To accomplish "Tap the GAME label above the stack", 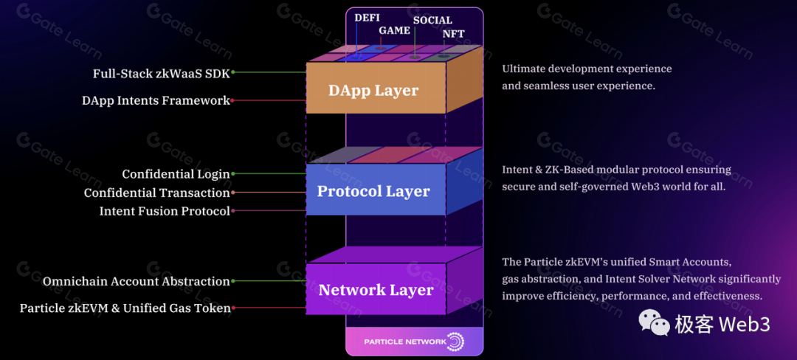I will tap(394, 31).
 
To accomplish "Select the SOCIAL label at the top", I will tap(432, 20).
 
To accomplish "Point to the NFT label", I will tap(453, 34).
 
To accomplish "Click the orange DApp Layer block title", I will tap(373, 91).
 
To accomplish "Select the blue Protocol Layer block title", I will tap(373, 191).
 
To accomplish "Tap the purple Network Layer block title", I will tap(376, 290).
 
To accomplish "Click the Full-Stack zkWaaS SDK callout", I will tap(161, 73).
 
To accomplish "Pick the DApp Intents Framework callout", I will tap(156, 100).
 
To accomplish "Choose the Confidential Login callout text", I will tap(176, 174).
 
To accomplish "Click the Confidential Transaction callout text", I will tap(156, 193).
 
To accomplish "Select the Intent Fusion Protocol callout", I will tap(165, 211).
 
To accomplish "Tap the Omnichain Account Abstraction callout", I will tap(137, 281).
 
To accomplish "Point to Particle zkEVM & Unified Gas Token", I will tap(125, 308).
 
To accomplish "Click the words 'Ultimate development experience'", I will tap(587, 69).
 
